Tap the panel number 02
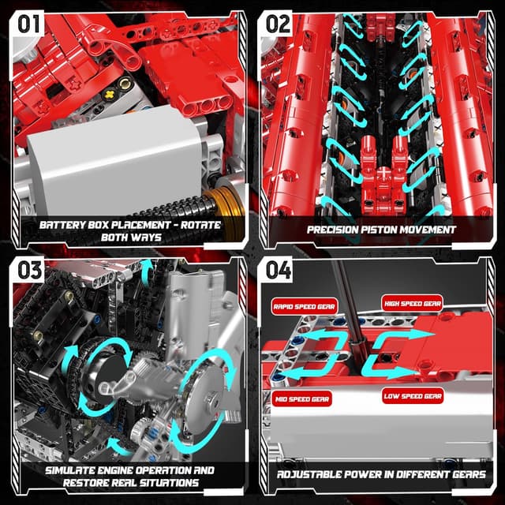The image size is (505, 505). [x=279, y=24]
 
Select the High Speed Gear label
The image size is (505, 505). [x=412, y=303]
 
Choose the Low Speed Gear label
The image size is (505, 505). [x=412, y=396]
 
